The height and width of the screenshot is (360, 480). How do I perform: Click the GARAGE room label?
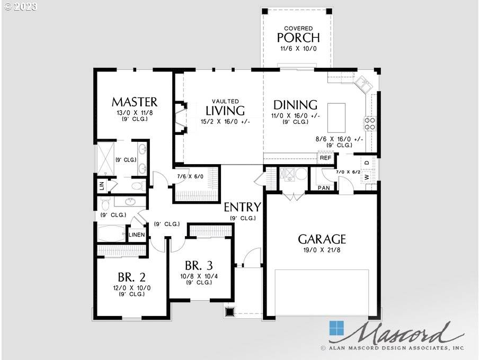click(x=322, y=239)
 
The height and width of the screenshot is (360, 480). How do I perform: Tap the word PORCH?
click(x=298, y=38)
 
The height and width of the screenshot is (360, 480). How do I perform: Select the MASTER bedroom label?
click(x=134, y=102)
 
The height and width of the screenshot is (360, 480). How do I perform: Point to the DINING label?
click(x=295, y=105)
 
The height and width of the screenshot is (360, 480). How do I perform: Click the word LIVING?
click(x=225, y=111)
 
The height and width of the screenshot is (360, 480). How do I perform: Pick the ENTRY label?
click(x=242, y=207)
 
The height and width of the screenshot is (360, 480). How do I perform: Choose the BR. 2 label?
click(x=131, y=277)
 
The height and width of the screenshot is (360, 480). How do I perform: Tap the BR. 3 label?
click(x=199, y=266)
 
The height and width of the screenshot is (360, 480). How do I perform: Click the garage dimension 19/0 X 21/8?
click(x=322, y=250)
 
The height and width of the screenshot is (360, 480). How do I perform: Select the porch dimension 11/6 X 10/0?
click(x=298, y=49)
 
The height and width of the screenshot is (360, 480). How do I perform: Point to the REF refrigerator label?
click(x=325, y=158)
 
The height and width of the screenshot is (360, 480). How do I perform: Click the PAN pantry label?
click(x=323, y=188)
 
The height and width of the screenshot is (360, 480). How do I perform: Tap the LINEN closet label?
click(x=137, y=235)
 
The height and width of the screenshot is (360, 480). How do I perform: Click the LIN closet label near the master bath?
click(x=101, y=186)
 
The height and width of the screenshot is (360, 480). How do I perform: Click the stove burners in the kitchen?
click(x=369, y=123)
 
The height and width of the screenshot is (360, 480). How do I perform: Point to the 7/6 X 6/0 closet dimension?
click(x=190, y=176)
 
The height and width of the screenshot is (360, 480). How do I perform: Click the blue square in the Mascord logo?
click(x=336, y=328)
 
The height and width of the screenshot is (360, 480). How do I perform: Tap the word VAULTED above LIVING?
click(x=225, y=101)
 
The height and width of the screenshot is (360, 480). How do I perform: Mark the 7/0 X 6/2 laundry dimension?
click(x=348, y=172)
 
